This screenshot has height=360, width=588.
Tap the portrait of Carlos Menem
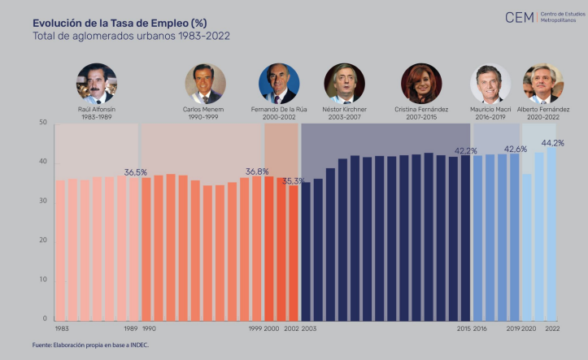(205, 84)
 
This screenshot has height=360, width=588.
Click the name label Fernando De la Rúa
(278, 109)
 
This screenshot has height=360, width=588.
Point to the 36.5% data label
(136, 172)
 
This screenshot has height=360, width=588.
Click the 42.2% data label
(465, 150)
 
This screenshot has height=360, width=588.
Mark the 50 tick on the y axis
(43, 122)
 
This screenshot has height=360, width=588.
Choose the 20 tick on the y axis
(43, 240)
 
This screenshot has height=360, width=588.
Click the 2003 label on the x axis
(309, 328)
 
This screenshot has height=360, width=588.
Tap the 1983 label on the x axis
(62, 328)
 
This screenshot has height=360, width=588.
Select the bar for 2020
(527, 246)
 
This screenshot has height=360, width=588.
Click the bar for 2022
(551, 232)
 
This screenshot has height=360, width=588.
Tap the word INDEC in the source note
(137, 345)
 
